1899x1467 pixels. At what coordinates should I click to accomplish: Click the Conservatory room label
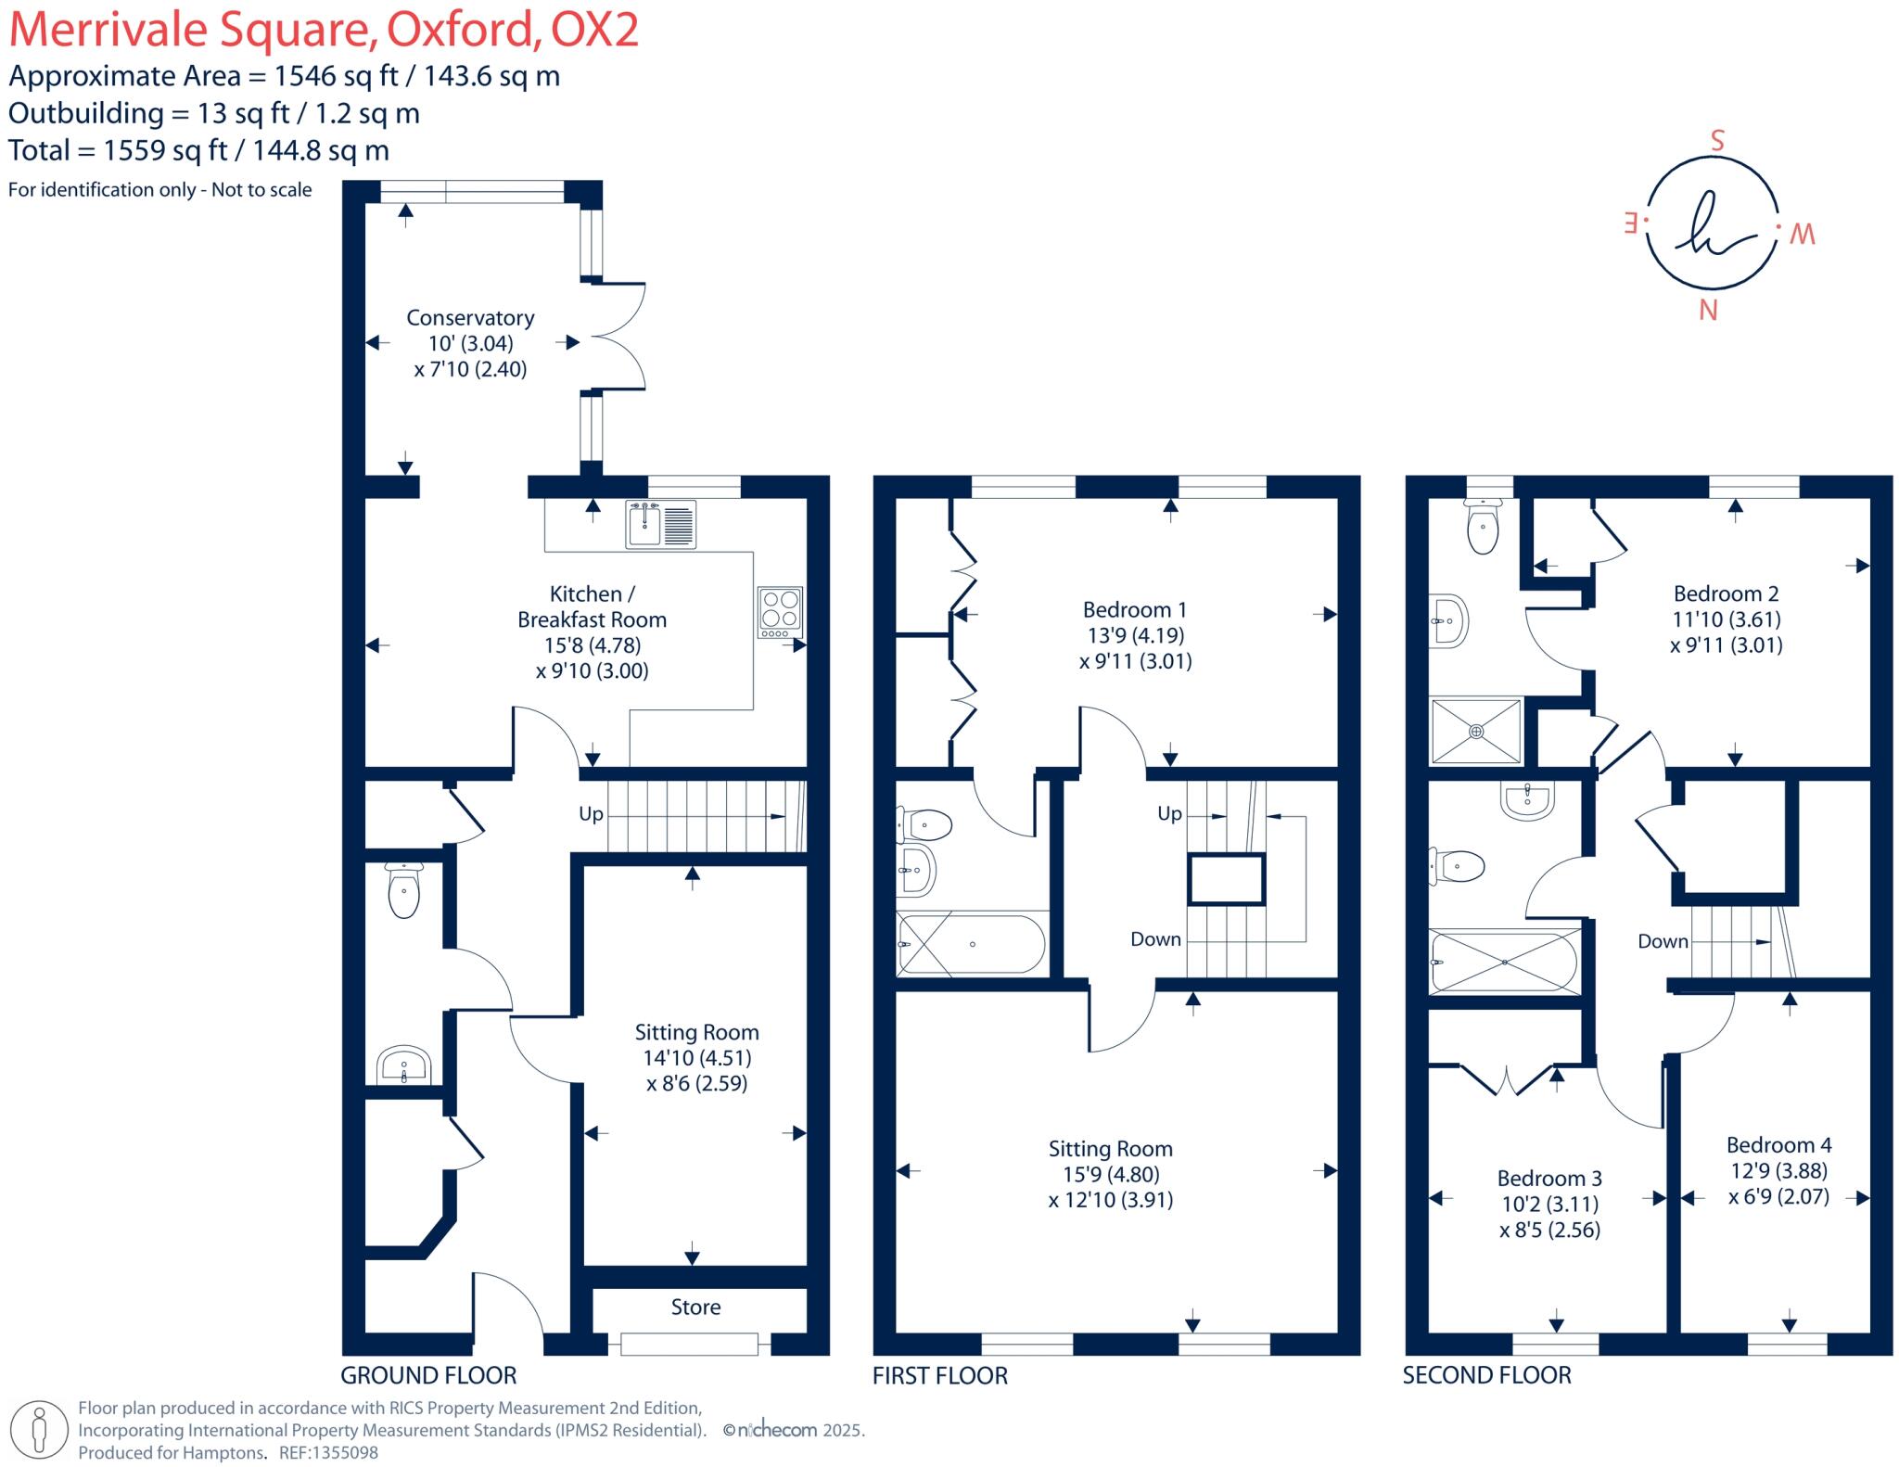point(470,318)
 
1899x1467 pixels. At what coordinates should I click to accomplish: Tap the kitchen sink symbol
point(660,524)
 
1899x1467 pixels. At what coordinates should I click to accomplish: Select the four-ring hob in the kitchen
point(780,611)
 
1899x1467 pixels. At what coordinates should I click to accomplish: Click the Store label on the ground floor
point(695,1307)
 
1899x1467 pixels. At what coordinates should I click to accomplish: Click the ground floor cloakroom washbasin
point(404,1065)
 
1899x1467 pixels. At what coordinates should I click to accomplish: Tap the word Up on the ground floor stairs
point(591,813)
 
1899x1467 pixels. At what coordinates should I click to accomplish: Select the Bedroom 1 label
point(1134,609)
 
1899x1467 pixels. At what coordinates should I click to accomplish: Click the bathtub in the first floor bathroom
point(972,944)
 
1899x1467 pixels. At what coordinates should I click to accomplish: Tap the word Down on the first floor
point(1155,938)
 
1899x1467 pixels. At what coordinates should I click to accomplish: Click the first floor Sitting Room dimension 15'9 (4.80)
point(1111,1174)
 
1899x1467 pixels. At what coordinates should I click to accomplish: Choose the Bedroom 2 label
point(1725,593)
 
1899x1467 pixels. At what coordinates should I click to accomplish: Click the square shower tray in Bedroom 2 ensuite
point(1476,731)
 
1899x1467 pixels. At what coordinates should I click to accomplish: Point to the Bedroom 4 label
point(1778,1144)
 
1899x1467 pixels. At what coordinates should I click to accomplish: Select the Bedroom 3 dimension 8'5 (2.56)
point(1549,1230)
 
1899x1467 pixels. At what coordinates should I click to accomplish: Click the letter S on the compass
point(1716,141)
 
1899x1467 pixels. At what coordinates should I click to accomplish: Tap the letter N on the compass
point(1708,311)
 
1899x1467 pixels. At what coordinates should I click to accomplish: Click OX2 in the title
point(594,30)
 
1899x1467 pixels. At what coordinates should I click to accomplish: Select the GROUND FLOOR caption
point(428,1375)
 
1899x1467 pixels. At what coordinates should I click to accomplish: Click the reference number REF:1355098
point(328,1453)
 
